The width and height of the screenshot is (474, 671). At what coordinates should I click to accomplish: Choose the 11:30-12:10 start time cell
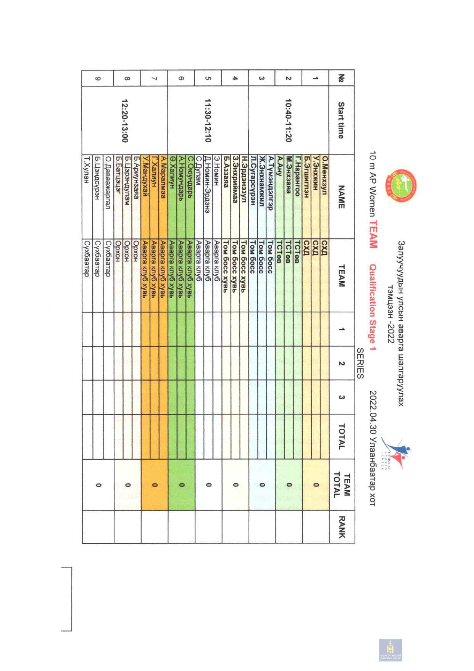tap(208, 120)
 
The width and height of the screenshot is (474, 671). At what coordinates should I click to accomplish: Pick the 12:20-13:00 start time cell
tap(125, 120)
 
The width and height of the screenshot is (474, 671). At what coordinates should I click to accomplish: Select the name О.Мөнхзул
tap(325, 175)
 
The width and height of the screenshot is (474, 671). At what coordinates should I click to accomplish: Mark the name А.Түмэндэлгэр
tap(271, 183)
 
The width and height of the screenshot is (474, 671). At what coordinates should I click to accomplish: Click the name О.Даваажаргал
tap(108, 183)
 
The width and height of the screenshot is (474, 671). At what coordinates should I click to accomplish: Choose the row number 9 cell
tap(98, 79)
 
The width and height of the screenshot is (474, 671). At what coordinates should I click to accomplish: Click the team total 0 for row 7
tap(154, 485)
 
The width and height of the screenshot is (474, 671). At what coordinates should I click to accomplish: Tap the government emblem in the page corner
tap(390, 650)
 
